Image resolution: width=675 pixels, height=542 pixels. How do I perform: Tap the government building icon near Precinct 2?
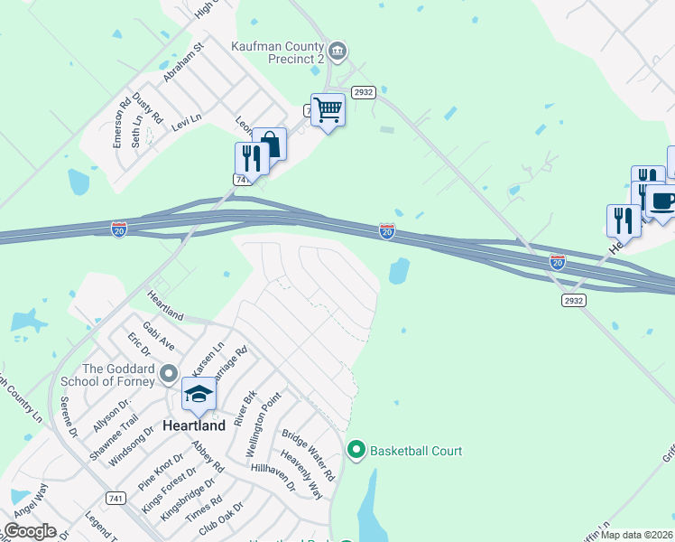(x=337, y=50)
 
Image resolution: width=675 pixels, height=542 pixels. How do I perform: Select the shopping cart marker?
(x=328, y=110)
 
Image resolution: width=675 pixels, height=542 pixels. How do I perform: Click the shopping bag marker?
(x=270, y=145)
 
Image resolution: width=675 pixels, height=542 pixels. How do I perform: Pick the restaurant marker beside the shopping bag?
(x=251, y=159)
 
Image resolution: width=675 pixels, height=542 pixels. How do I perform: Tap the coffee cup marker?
(x=662, y=201)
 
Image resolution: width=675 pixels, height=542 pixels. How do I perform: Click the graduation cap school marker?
(x=199, y=394)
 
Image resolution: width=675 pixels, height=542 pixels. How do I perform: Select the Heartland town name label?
(x=193, y=425)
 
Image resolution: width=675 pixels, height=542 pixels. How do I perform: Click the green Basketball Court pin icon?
(x=356, y=449)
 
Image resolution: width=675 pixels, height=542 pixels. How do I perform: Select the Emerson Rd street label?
(x=119, y=124)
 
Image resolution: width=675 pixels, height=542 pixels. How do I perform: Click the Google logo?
(x=30, y=531)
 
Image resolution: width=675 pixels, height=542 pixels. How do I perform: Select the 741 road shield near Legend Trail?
(x=115, y=498)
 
